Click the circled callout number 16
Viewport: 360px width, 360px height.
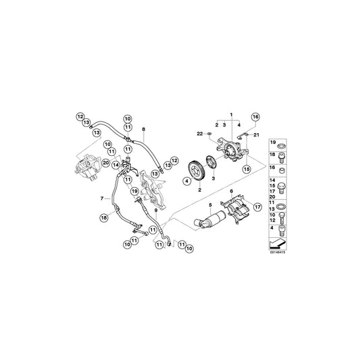pyautogui.click(x=255, y=117)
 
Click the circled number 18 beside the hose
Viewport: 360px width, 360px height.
pyautogui.click(x=104, y=217)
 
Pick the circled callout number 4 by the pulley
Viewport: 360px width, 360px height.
pyautogui.click(x=186, y=181)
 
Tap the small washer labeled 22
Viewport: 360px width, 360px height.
pyautogui.click(x=210, y=134)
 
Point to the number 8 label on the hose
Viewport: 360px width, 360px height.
pyautogui.click(x=144, y=127)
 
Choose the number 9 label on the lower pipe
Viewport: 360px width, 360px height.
pyautogui.click(x=155, y=210)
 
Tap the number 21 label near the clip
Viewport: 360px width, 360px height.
pyautogui.click(x=255, y=135)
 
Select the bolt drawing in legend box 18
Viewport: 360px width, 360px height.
pyautogui.click(x=280, y=155)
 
